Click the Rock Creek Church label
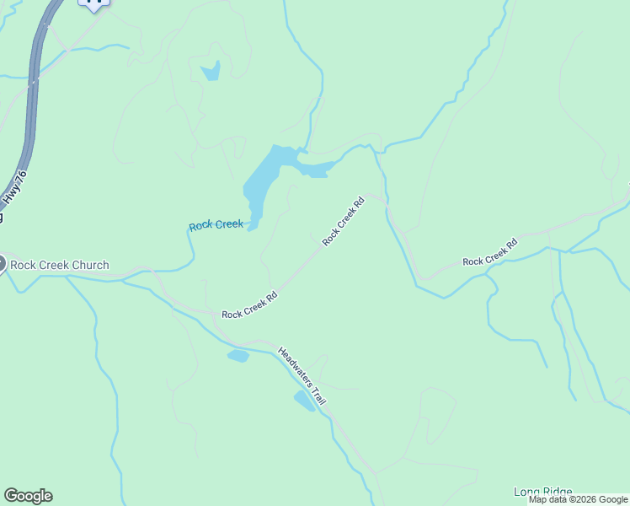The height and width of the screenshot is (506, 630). pyautogui.click(x=61, y=265)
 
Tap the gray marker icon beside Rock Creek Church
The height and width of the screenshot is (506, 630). pyautogui.click(x=2, y=264)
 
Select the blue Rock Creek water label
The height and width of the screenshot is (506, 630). pyautogui.click(x=216, y=225)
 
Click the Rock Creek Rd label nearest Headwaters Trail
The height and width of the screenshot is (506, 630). pyautogui.click(x=249, y=306)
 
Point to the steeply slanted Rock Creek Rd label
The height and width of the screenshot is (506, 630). pyautogui.click(x=343, y=221)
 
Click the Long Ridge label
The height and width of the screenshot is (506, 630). pyautogui.click(x=543, y=492)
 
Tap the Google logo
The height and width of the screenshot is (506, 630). pyautogui.click(x=28, y=496)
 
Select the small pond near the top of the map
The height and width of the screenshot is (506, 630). pyautogui.click(x=211, y=71)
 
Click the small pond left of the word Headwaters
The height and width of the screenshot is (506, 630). pyautogui.click(x=238, y=356)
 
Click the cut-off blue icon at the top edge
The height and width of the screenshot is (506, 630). pyautogui.click(x=93, y=3)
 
